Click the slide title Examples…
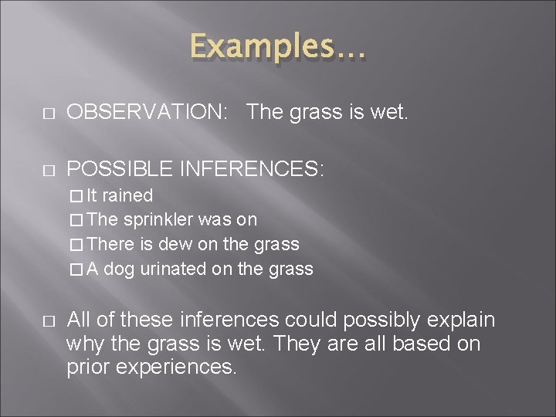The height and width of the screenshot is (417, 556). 279,48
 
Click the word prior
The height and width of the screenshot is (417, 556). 87,367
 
